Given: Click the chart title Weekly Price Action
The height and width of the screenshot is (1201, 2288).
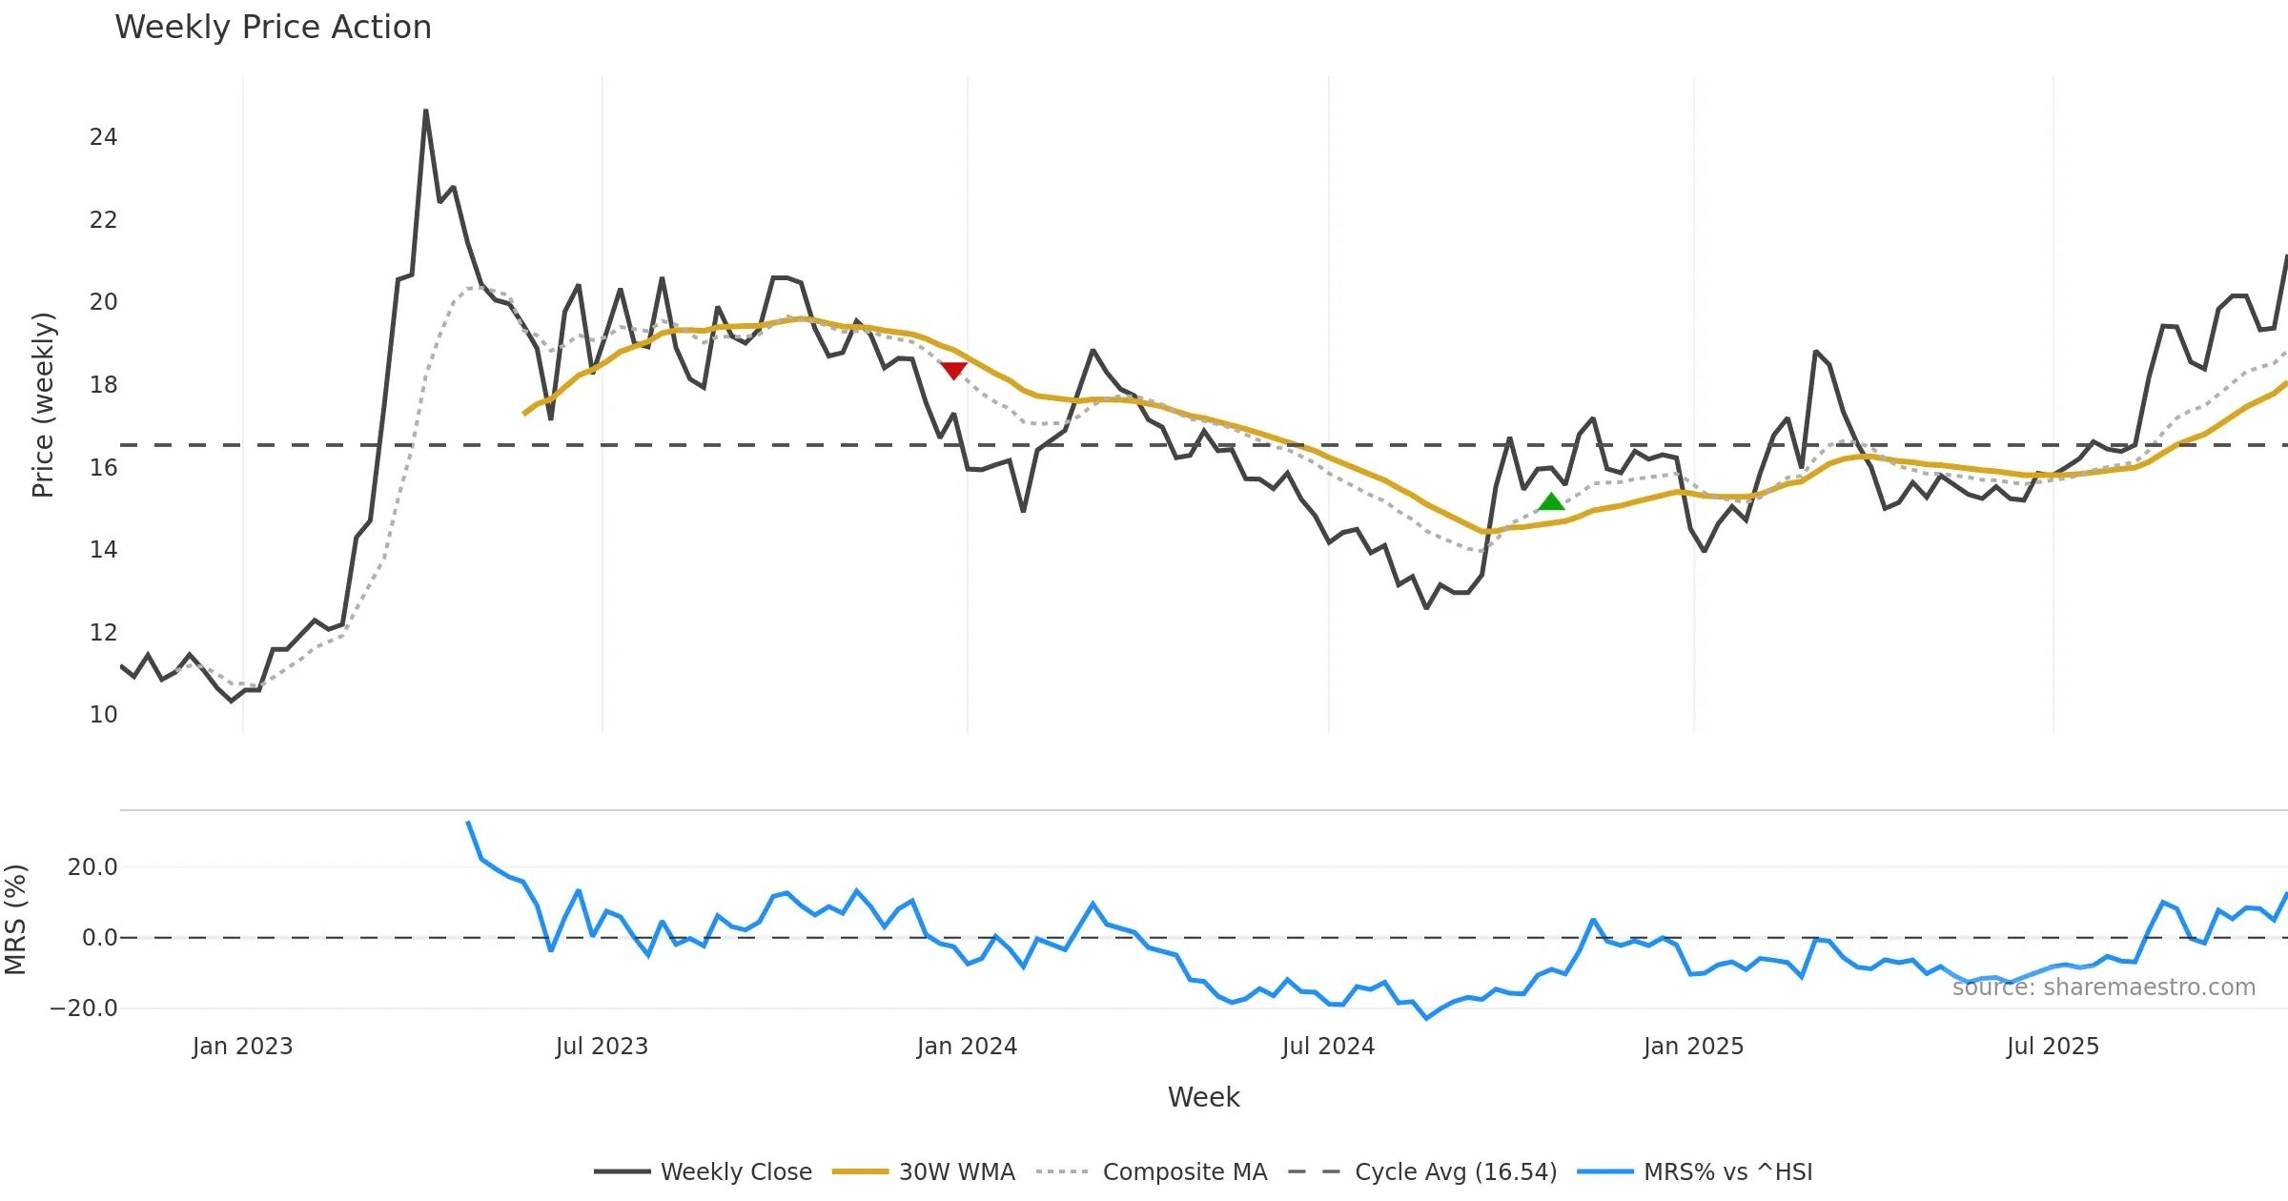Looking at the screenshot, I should point(273,28).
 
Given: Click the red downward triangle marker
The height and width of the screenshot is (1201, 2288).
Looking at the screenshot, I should point(953,370).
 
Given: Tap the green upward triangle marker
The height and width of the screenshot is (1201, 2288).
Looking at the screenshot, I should point(1551,502).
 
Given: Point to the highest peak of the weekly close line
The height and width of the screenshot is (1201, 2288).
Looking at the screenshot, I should point(425,112).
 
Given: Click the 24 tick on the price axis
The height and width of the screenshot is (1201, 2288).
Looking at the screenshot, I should point(103,137).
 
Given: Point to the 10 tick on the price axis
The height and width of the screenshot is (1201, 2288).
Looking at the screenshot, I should point(103,715).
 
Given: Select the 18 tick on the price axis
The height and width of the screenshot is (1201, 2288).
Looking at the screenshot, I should point(103,385).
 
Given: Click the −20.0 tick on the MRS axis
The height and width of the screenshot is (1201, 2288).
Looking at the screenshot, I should point(84,1008).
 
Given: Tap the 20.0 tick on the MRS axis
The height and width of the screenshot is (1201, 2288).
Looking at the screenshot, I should point(92,867).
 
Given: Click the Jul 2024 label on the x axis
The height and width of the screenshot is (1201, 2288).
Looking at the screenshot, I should point(1328,1047).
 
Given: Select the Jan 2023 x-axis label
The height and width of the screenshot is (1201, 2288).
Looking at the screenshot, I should point(242,1047).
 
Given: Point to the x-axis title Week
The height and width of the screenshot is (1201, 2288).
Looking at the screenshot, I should point(1203,1098).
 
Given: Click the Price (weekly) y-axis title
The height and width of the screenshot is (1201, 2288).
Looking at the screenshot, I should point(44,405).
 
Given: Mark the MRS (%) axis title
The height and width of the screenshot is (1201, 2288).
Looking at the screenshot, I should point(16,920).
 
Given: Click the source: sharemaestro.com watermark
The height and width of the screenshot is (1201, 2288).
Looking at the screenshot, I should point(2103,987).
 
